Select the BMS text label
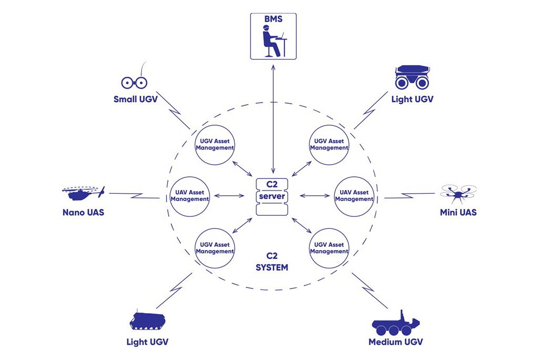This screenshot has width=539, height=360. point(273,19)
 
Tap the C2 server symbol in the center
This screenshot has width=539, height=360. point(273,196)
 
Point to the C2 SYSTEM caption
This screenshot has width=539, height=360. point(272,262)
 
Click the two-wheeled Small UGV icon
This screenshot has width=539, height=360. point(135,81)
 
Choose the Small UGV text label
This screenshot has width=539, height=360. point(135,99)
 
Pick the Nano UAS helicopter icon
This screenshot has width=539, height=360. point(83,193)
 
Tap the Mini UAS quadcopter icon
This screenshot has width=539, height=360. point(457,193)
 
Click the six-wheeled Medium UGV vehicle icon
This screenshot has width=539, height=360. point(396,322)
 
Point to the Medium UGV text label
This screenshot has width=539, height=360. point(395,342)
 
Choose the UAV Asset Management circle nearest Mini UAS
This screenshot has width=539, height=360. point(354,196)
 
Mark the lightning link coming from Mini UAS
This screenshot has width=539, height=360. point(410,196)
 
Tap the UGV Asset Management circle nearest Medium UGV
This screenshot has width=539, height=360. point(329,248)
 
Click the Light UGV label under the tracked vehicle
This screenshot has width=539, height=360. point(147,342)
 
